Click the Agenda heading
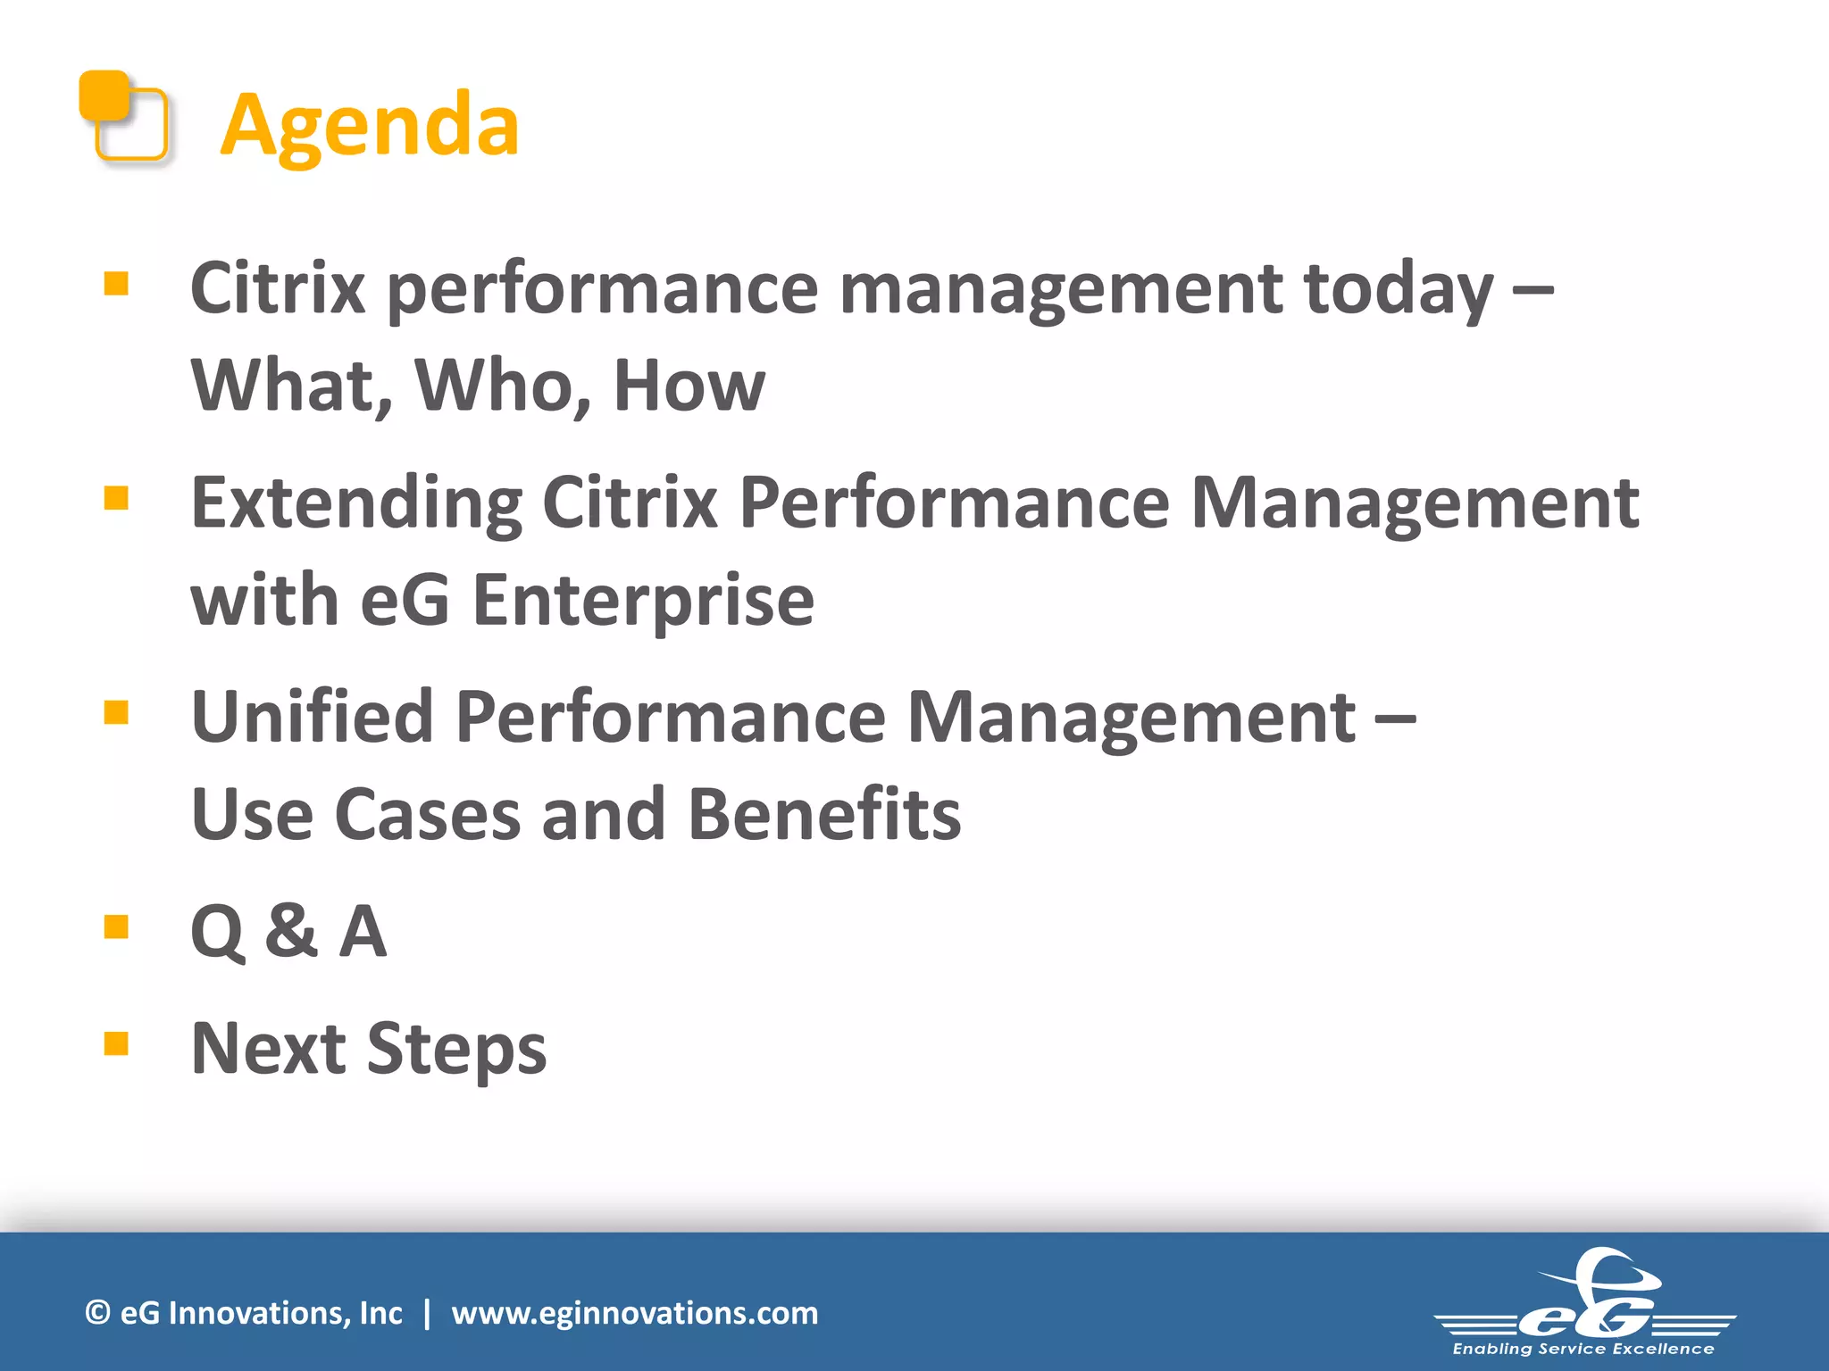369,125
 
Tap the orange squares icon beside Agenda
123,117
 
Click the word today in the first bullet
1398,289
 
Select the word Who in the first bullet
502,386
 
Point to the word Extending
356,503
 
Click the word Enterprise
642,600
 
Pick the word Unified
312,717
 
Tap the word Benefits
824,815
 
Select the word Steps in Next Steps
456,1049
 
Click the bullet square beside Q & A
116,927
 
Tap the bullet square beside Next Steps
116,1043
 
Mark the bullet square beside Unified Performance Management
116,712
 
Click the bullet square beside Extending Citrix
116,498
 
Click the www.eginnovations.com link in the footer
634,1313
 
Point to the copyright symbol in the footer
97,1313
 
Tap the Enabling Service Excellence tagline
1583,1349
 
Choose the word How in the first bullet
689,386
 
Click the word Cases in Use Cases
427,815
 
